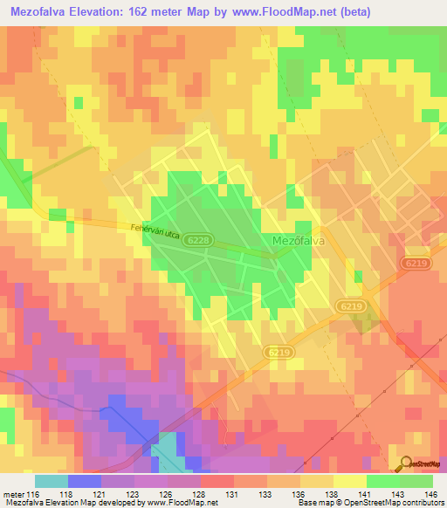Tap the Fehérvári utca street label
tap(155, 232)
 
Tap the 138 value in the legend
tap(329, 493)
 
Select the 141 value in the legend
tap(362, 493)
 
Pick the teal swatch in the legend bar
tap(51, 481)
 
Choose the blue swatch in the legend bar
tap(84, 481)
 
